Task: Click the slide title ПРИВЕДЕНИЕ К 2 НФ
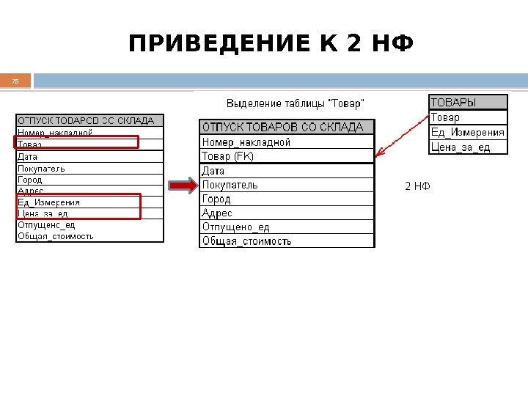click(271, 45)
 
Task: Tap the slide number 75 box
click(15, 81)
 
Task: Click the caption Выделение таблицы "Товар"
click(294, 102)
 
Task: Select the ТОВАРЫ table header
click(468, 102)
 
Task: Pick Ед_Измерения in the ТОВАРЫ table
click(468, 133)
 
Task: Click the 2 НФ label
click(417, 186)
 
